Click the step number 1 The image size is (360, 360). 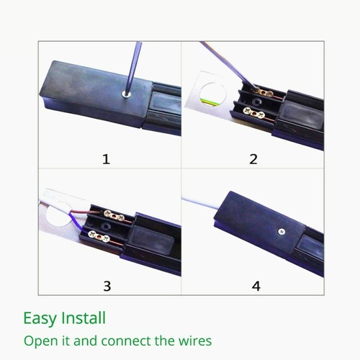tap(107, 159)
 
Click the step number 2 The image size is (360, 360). tap(253, 159)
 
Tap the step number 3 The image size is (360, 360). tap(107, 286)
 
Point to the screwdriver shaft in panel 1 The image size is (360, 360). tap(128, 65)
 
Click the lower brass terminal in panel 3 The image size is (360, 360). tap(101, 235)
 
